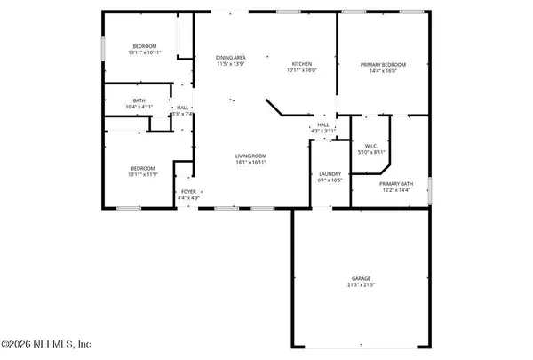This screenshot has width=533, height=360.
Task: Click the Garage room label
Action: coord(362,278)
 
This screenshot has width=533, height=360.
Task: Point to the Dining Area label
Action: coord(231,59)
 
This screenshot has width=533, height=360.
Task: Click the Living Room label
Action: coord(251,156)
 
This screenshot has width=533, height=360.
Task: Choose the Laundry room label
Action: coord(330,174)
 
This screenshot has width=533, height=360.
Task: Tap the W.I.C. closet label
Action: coord(371,145)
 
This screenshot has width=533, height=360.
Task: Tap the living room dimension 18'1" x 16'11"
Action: coord(251,162)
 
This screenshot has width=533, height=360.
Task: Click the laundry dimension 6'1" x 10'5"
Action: coord(330,180)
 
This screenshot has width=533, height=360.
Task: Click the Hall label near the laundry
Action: coord(323,124)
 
